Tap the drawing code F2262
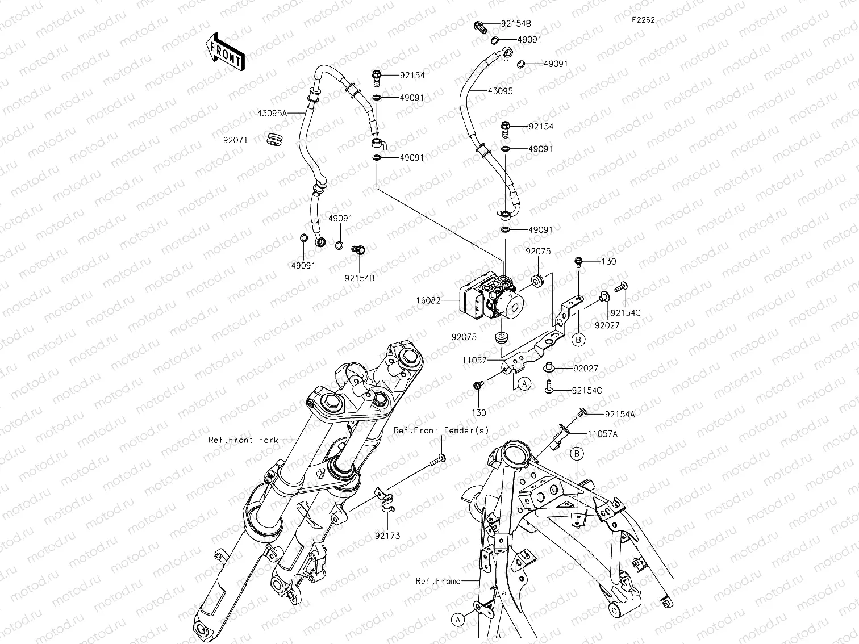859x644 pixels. [643, 20]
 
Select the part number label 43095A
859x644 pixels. [272, 113]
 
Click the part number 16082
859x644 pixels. [444, 300]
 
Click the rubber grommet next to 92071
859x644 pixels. [274, 140]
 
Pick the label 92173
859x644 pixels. [387, 536]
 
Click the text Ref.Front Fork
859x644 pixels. [243, 440]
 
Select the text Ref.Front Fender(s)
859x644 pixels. [441, 430]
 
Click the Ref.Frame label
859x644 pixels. [438, 581]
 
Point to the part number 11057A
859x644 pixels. [603, 433]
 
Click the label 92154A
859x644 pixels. [620, 414]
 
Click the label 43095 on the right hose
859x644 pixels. [500, 91]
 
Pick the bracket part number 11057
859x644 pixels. [473, 360]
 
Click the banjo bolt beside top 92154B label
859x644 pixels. [480, 26]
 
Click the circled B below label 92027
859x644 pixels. [578, 340]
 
